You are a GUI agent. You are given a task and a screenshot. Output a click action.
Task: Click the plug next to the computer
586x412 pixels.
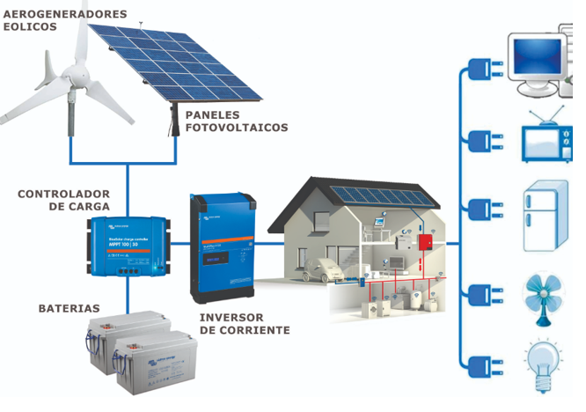(x=480, y=68)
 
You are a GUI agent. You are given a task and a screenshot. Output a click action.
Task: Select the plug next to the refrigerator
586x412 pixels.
(x=480, y=211)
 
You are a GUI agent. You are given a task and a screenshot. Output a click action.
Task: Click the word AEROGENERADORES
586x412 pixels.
(x=65, y=15)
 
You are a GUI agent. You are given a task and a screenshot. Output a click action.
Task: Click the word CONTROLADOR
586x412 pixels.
(x=63, y=194)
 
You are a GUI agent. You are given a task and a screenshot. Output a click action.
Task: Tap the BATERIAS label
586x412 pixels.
(x=69, y=309)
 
